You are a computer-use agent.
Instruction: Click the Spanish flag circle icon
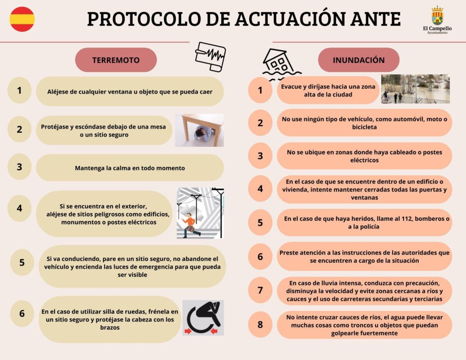pos(22,19)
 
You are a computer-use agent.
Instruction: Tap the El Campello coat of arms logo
pos(437,16)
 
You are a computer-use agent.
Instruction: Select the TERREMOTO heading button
pos(116,60)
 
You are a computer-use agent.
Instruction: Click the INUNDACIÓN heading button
pos(358,60)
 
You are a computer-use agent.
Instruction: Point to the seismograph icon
pos(210,57)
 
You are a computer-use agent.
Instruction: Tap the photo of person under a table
pos(199,130)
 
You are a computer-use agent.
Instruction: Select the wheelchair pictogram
pos(203,318)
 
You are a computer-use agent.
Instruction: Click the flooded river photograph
pos(415,89)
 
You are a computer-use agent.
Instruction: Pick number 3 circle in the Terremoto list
pos(19,167)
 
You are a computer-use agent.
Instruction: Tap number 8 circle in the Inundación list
pos(260,324)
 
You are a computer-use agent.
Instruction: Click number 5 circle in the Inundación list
pos(260,222)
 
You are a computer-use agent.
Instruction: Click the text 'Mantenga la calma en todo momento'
pos(130,168)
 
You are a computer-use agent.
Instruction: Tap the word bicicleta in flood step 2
pos(364,127)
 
